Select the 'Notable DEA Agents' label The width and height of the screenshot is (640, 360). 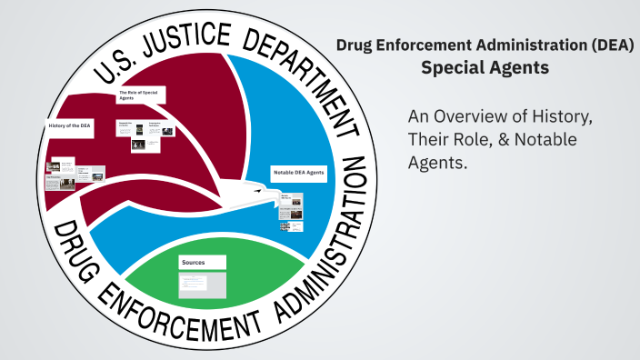tap(297, 172)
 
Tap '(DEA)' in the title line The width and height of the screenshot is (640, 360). tap(611, 45)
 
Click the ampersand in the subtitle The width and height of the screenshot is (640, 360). tap(502, 141)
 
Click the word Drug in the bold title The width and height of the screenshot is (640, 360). tap(355, 45)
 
